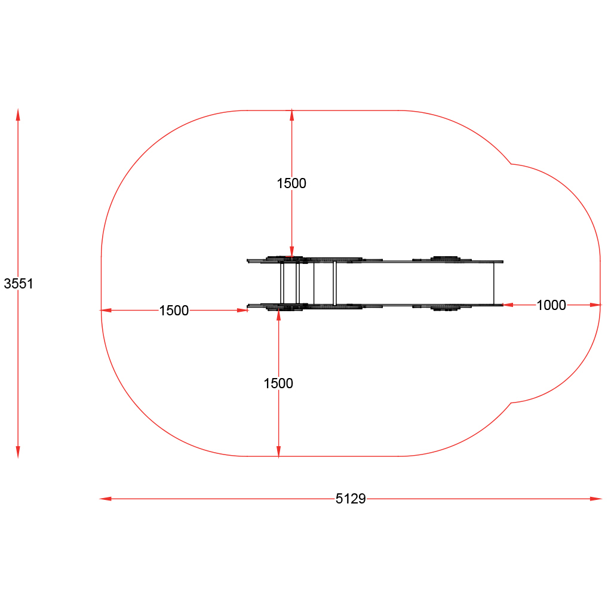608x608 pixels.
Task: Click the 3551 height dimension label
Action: tap(19, 284)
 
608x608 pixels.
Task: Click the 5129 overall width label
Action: tap(351, 499)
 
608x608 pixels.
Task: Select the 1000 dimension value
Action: tap(551, 305)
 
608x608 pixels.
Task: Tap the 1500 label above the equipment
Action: tap(291, 183)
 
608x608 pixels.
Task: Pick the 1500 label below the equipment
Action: tap(278, 383)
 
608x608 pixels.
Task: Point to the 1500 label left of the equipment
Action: tap(174, 311)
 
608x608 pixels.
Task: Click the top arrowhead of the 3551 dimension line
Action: tap(18, 115)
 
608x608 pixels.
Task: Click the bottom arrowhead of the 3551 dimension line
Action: tap(18, 452)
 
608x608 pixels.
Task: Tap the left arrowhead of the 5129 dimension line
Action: tap(106, 499)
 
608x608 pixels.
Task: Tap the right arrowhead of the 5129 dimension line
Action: tap(596, 499)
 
